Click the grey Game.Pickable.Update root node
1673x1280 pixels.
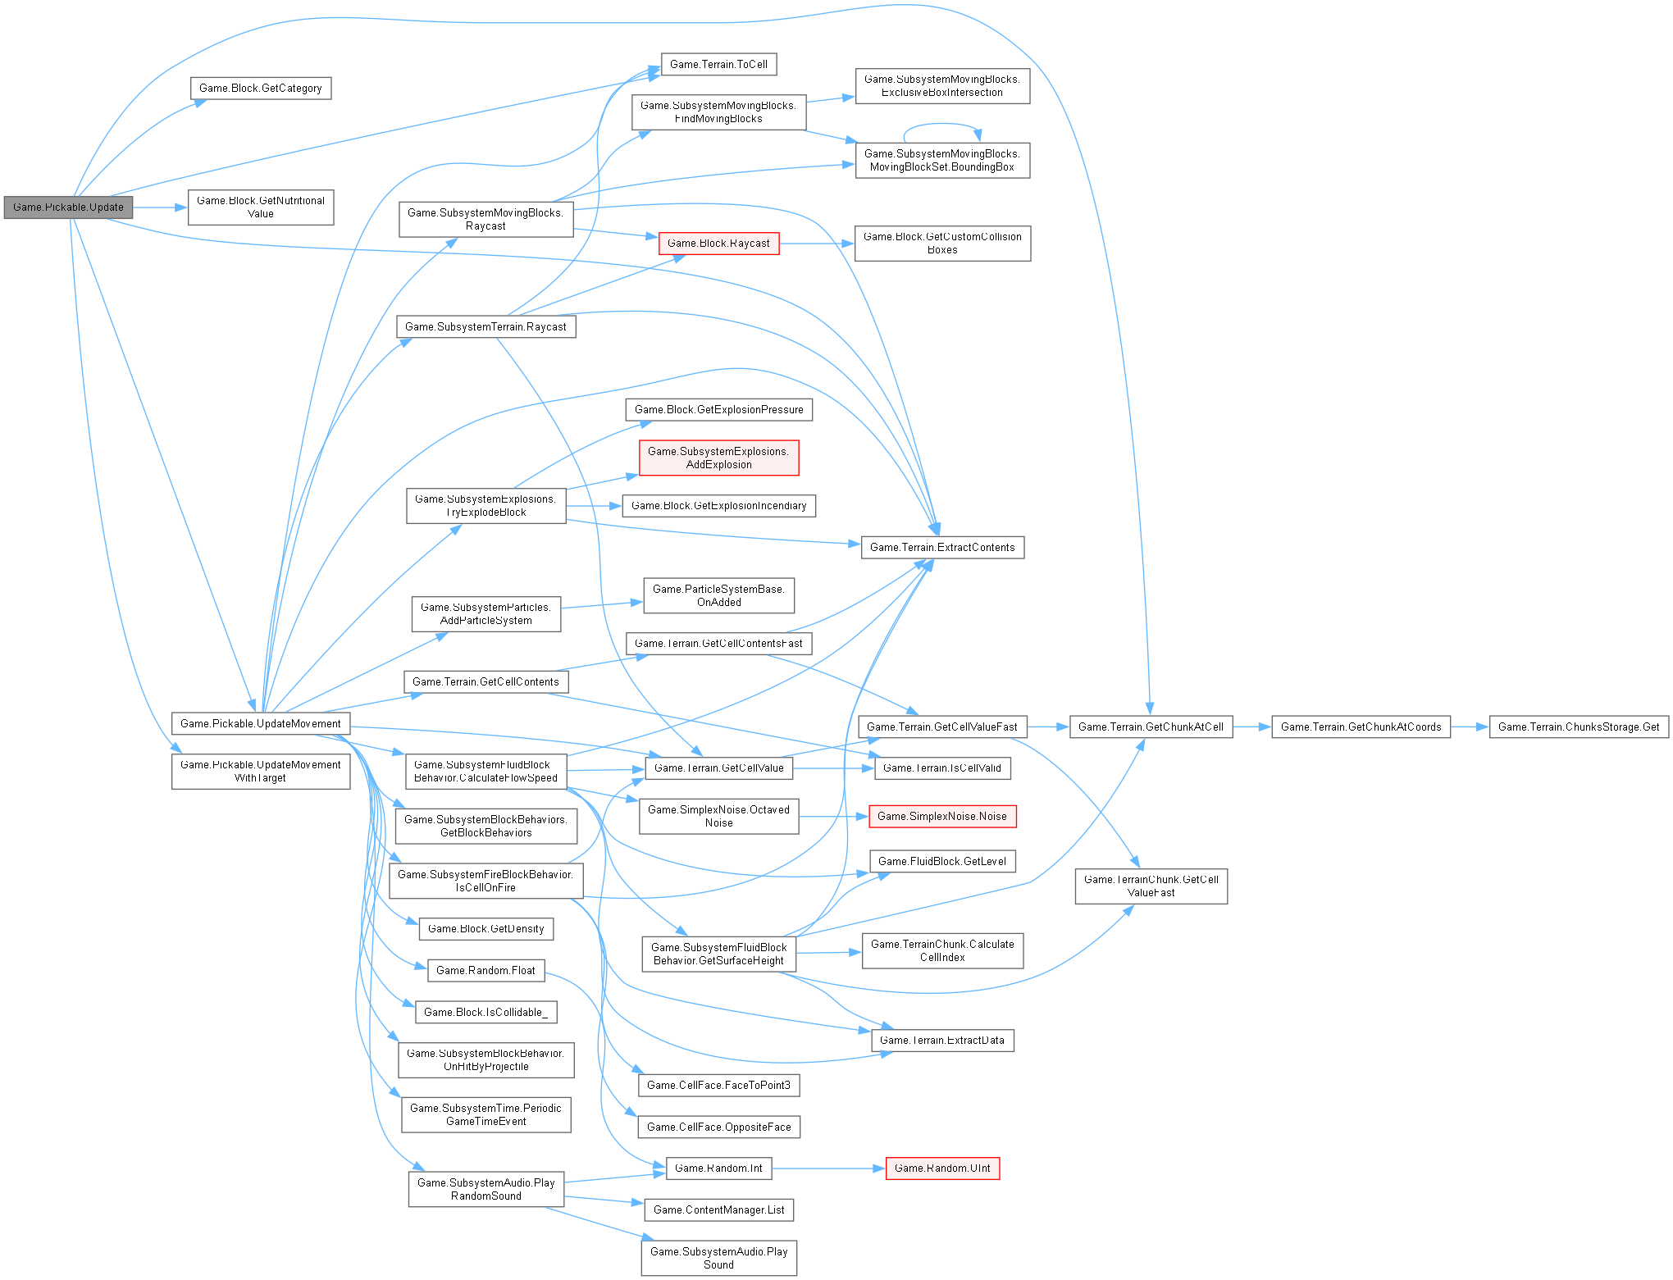coord(68,207)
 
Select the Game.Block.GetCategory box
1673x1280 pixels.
coord(261,89)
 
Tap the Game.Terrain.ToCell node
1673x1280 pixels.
coord(718,64)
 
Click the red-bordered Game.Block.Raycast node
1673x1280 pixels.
coord(718,244)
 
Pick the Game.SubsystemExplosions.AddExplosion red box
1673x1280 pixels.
coord(718,458)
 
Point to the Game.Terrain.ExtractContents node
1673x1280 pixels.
coord(942,547)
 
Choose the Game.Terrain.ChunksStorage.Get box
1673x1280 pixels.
coord(1579,727)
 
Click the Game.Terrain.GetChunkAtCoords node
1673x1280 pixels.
coord(1361,727)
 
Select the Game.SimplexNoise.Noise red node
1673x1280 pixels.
coord(942,816)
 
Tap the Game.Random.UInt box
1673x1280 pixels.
coord(942,1168)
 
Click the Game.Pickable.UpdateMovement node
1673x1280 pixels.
coord(261,723)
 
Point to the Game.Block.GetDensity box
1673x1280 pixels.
coord(486,928)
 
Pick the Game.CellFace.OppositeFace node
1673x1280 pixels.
coord(718,1127)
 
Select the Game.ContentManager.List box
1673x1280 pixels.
coord(718,1209)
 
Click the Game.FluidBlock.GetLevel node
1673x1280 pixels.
coord(942,861)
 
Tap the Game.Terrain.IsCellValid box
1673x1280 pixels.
coord(942,768)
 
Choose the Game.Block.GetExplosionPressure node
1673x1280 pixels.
coord(718,409)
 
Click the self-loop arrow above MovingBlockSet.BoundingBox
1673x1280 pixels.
coord(941,125)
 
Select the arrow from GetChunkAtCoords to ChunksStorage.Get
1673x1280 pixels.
coord(1470,727)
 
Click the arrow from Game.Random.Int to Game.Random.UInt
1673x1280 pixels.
coord(828,1168)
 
